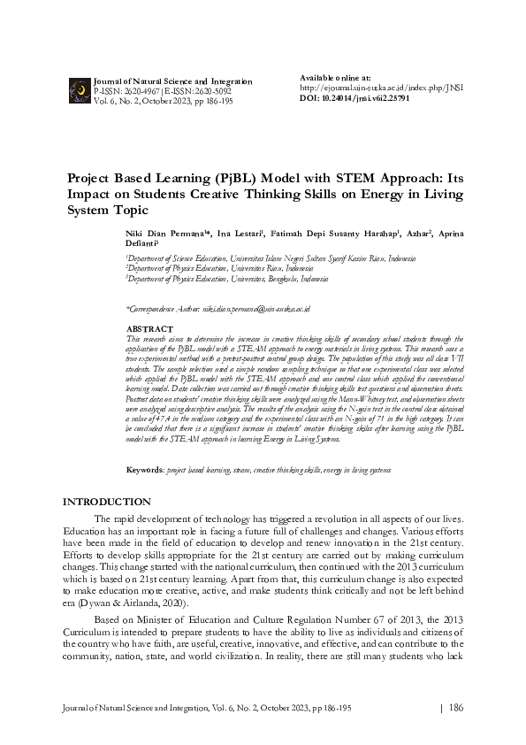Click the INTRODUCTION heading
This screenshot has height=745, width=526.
coord(106,502)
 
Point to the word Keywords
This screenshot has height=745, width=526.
coord(145,469)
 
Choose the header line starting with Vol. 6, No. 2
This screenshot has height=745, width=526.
coord(163,101)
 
